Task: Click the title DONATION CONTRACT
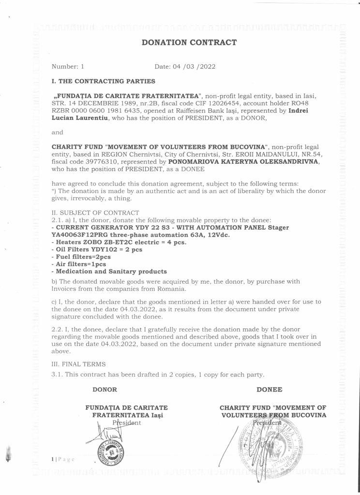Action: click(189, 43)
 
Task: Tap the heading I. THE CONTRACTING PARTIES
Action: click(104, 81)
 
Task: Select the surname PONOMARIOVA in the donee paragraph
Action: click(190, 162)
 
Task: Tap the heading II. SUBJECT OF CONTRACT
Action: click(95, 213)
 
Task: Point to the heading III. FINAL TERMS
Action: click(79, 364)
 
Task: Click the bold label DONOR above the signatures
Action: click(105, 389)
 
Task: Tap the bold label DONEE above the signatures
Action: click(270, 389)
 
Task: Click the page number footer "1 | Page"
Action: click(62, 459)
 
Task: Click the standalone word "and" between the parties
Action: click(57, 132)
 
